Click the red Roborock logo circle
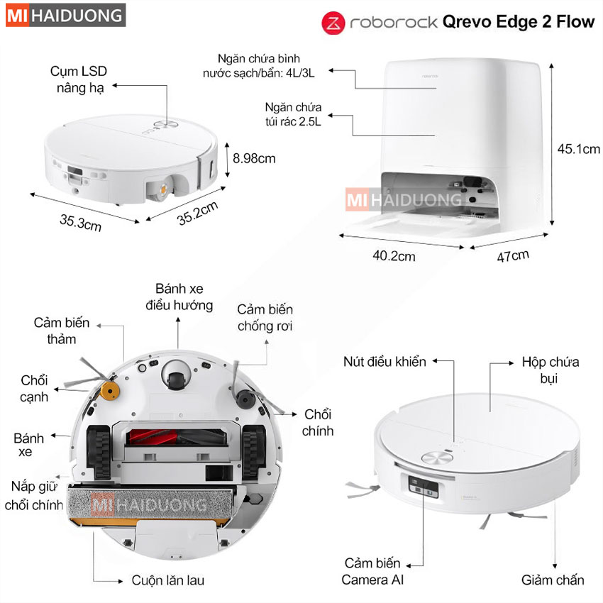(333, 23)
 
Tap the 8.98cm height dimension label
(254, 158)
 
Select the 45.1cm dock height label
(578, 149)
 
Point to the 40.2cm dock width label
(394, 255)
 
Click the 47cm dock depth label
(513, 255)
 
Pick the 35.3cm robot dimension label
(80, 223)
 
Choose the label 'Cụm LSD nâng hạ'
(79, 79)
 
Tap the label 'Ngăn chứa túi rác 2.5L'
(293, 114)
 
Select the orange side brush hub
(109, 391)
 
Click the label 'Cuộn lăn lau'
(167, 580)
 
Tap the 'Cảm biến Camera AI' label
(372, 572)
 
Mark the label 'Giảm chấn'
(553, 580)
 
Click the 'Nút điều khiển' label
(385, 362)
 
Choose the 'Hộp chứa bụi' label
(551, 370)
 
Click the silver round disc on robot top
(437, 458)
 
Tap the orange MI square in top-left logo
(18, 16)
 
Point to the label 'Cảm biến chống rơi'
(265, 318)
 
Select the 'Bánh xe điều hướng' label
(179, 297)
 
